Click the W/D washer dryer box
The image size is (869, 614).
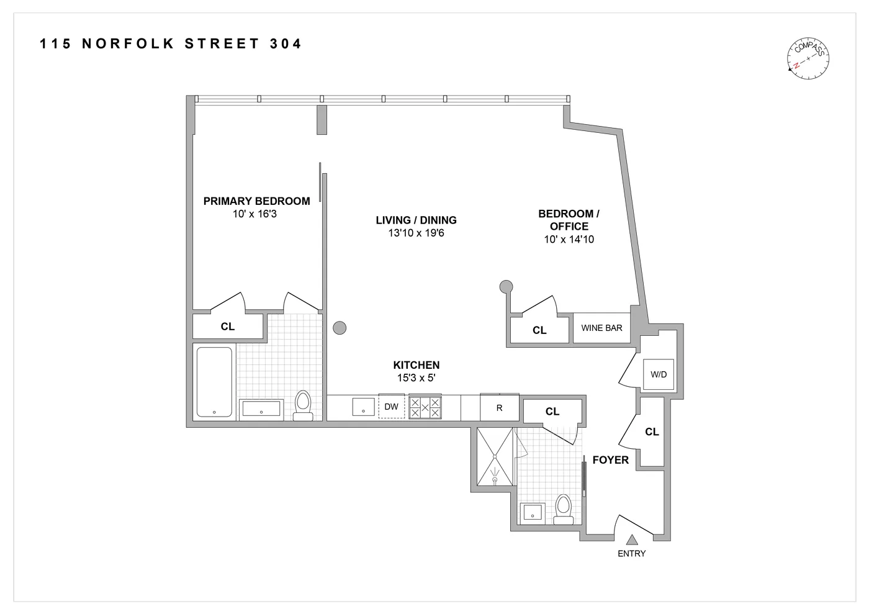point(658,374)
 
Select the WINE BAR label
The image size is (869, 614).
point(601,328)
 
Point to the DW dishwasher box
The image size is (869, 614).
point(391,407)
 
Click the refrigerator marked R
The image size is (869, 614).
point(499,408)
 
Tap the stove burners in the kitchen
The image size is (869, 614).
point(425,408)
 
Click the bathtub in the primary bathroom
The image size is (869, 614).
point(215,382)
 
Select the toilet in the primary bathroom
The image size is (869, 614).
point(303,405)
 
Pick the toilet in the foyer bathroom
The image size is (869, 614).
point(564,508)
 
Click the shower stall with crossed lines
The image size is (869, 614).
point(495,457)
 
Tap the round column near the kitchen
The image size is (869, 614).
point(340,328)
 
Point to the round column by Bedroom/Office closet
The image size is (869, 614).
point(507,287)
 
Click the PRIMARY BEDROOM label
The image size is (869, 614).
point(256,201)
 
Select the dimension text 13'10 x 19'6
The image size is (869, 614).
point(416,233)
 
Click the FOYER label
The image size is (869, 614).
point(610,460)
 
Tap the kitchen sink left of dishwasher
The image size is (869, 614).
point(363,407)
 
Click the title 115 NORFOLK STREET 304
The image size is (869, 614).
point(171,43)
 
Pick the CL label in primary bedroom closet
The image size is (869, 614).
point(228,327)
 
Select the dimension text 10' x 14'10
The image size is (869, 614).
point(569,240)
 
